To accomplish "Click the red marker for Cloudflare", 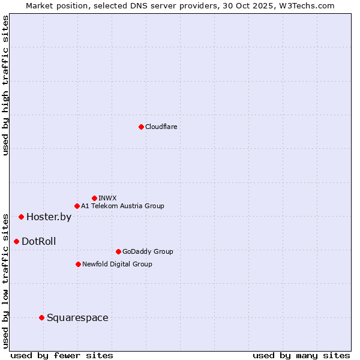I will [141, 127].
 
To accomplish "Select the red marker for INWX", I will [94, 198].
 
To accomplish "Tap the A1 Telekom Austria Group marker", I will [77, 206].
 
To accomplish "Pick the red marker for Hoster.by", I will [21, 217].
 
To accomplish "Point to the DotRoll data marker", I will [16, 241].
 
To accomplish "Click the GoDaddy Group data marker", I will [118, 251].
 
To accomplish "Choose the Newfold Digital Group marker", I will [78, 264].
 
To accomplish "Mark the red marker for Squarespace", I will [41, 317].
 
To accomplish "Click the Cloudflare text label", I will [161, 127].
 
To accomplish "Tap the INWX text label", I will [108, 198].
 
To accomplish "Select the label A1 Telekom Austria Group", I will [123, 206].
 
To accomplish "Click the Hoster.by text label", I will [49, 217].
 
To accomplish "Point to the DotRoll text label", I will [39, 242].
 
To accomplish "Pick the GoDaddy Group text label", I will [148, 251].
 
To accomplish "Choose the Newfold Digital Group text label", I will [118, 264].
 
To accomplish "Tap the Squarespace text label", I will [77, 318].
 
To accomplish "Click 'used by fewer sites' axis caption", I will [62, 355].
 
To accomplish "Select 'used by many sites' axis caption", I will [301, 355].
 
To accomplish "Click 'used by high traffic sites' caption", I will [5, 85].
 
